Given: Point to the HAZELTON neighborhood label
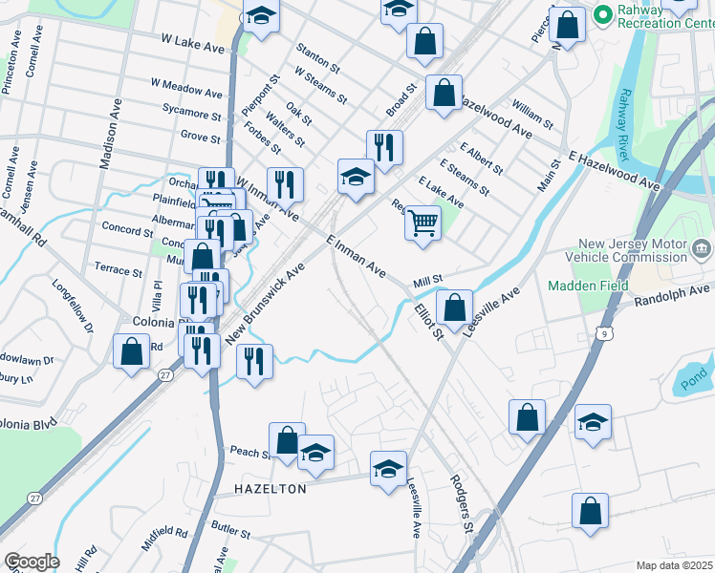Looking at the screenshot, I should pyautogui.click(x=271, y=489).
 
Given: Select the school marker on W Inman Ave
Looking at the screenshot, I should pyautogui.click(x=355, y=178).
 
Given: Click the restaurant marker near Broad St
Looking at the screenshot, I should pyautogui.click(x=384, y=148).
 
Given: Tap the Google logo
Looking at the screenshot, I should pyautogui.click(x=32, y=562).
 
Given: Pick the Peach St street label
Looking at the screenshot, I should pyautogui.click(x=247, y=450).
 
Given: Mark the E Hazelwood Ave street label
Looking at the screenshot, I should pyautogui.click(x=613, y=169).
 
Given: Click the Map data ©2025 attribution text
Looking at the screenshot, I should pyautogui.click(x=674, y=565).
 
